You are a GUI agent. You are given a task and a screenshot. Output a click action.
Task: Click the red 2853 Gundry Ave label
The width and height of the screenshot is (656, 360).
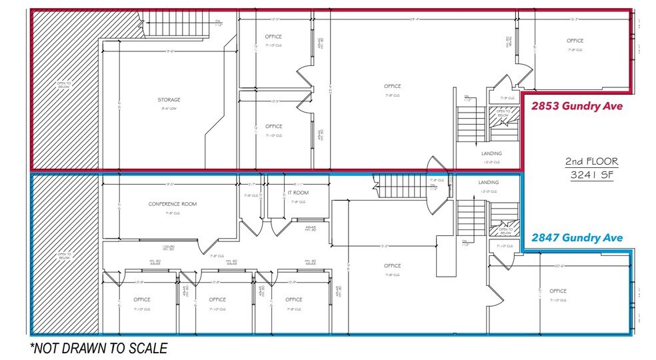(x=577, y=105)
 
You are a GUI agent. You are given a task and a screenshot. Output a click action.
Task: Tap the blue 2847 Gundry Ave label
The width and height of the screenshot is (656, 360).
(x=577, y=238)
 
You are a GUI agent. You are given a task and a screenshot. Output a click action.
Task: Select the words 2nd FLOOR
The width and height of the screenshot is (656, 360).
(x=591, y=161)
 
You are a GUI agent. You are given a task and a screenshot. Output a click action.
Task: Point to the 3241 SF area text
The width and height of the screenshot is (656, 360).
(x=591, y=176)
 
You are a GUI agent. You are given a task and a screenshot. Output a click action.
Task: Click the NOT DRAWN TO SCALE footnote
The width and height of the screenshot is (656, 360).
(x=98, y=347)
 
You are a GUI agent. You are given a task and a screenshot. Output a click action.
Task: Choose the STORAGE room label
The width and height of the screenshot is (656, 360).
(x=169, y=100)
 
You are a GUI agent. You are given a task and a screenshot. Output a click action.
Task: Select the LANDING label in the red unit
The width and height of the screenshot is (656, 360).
(x=491, y=153)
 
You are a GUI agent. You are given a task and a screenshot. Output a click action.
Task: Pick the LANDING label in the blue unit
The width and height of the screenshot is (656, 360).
(x=488, y=182)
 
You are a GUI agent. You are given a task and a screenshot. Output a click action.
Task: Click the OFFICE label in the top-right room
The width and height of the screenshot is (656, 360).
(x=575, y=41)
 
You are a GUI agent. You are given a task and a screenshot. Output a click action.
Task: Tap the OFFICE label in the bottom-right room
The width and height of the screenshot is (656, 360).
(x=558, y=291)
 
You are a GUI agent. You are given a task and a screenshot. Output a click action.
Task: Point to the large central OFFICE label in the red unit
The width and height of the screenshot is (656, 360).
(x=392, y=86)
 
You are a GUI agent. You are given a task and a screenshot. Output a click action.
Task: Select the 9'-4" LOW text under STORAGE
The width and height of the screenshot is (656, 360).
(x=169, y=108)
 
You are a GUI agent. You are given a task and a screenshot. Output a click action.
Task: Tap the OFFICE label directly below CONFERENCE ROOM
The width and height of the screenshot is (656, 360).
(x=141, y=299)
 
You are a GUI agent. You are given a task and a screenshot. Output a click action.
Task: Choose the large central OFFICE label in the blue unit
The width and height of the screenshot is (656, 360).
(x=392, y=266)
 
